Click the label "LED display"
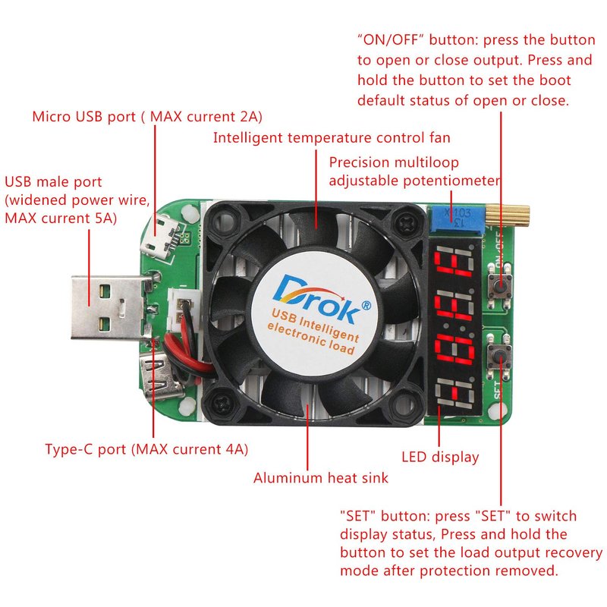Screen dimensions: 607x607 tap(440, 457)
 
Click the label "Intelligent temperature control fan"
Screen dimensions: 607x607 tap(332, 138)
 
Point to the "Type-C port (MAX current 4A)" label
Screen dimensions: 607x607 tap(146, 449)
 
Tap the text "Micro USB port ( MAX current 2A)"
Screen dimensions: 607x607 tap(147, 117)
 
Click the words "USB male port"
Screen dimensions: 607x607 tap(53, 182)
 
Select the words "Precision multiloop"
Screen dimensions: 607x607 tap(394, 162)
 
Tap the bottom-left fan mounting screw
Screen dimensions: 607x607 tap(223, 400)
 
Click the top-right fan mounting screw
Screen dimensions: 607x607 tap(409, 220)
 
